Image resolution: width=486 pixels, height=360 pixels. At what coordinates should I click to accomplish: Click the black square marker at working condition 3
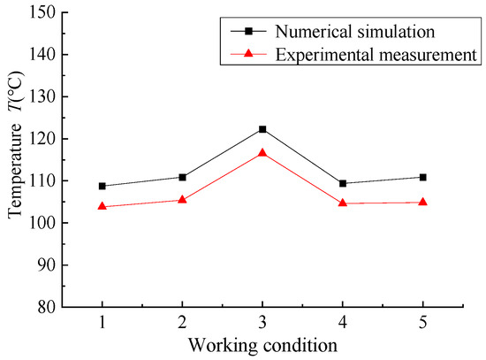point(262,129)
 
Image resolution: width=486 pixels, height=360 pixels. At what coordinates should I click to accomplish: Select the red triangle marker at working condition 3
point(262,152)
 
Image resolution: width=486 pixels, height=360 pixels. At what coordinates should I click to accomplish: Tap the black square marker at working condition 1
point(102,186)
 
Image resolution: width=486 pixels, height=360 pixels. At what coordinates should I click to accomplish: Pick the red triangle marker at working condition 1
point(102,206)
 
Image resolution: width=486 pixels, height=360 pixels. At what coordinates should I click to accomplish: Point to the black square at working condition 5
point(422,177)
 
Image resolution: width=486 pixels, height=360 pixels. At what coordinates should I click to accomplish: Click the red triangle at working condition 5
point(422,202)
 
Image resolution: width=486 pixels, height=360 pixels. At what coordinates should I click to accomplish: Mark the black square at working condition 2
point(182,177)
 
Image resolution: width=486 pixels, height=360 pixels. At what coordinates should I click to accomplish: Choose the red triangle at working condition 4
point(343,203)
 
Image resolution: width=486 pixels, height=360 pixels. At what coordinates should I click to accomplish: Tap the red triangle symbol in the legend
point(249,55)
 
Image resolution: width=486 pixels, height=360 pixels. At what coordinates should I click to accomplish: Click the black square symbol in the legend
point(249,32)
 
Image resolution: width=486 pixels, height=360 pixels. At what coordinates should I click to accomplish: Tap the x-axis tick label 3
point(262,323)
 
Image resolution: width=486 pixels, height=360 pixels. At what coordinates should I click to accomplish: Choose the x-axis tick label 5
point(422,323)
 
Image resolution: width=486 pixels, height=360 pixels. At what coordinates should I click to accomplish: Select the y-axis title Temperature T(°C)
point(15,159)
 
